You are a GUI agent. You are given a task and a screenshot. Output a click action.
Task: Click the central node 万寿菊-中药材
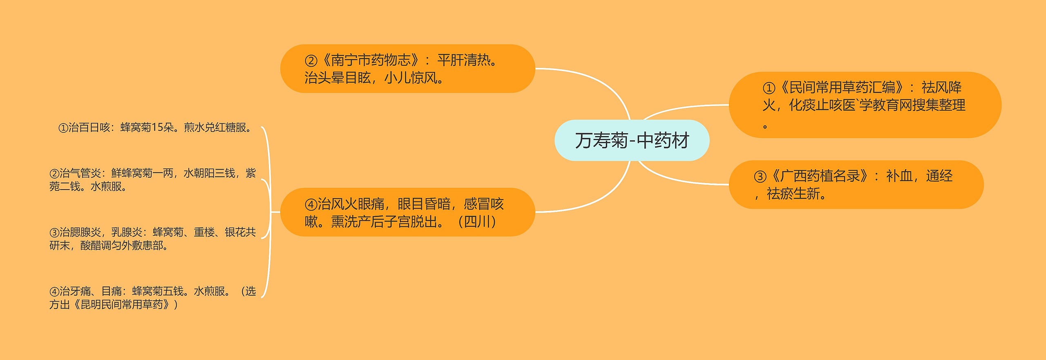tap(632, 140)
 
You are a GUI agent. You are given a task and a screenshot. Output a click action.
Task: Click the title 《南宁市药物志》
tap(371, 60)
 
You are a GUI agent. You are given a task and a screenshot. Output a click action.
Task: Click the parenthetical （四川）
tap(477, 222)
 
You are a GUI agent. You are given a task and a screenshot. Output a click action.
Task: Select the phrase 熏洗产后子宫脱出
tap(384, 222)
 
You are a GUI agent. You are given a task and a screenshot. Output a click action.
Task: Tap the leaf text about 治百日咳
tap(156, 127)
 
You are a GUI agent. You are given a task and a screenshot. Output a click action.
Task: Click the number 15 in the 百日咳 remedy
tap(157, 127)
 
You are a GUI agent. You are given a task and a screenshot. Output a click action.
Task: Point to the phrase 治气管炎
tap(80, 173)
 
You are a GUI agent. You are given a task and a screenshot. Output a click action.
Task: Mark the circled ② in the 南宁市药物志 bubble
tap(311, 61)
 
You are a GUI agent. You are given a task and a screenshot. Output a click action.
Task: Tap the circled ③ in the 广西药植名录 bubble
tap(760, 177)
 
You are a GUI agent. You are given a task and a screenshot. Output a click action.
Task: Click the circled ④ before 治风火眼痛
tap(311, 204)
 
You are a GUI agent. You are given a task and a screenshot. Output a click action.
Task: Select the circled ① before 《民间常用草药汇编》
tap(769, 88)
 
